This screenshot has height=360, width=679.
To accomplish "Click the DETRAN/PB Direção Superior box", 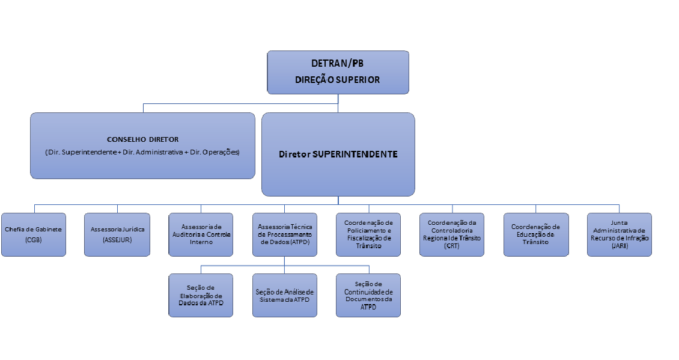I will tap(338, 72).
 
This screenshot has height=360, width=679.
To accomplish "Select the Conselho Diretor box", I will tap(143, 145).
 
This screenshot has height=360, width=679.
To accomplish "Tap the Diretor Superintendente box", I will tap(338, 154).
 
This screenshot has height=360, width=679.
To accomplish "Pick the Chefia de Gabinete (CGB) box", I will tap(34, 234).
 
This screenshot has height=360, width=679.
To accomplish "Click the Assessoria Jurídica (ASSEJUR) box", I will tap(117, 234).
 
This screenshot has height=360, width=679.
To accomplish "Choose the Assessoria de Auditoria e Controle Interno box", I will tap(201, 234).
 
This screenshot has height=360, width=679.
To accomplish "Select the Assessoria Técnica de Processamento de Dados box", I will tap(284, 234).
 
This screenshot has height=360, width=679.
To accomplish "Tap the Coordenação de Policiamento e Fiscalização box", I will tap(368, 234).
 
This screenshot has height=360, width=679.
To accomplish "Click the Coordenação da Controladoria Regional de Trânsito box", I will tap(451, 234).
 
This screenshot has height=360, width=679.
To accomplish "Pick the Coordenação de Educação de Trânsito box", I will tap(535, 234).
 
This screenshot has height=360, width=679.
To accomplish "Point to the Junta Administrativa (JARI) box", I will tap(619, 234).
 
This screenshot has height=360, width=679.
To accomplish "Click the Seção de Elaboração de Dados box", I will tap(201, 295).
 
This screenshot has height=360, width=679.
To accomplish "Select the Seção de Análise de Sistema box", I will tap(284, 295).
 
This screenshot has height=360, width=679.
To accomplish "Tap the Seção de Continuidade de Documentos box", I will tap(368, 295).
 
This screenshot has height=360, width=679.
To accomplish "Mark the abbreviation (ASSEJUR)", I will tap(117, 240).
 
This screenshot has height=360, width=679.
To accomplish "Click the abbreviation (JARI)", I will tap(619, 246).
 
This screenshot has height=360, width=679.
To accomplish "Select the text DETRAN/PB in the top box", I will tap(338, 64).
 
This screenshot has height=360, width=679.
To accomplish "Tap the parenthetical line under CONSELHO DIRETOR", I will tap(142, 152).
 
